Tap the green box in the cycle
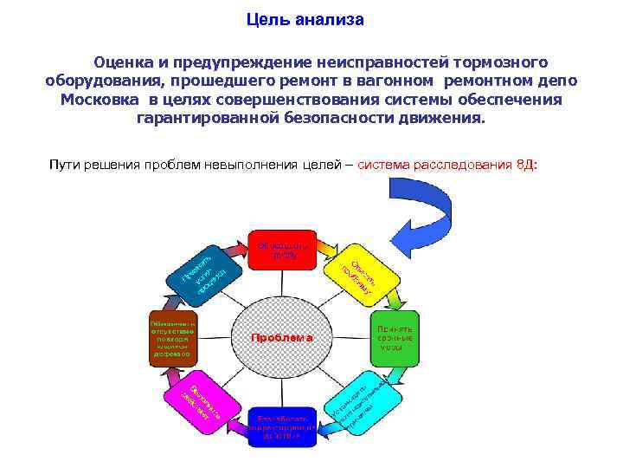pos(395,337)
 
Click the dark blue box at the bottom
pos(282,426)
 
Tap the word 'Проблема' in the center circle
pos(282,337)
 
